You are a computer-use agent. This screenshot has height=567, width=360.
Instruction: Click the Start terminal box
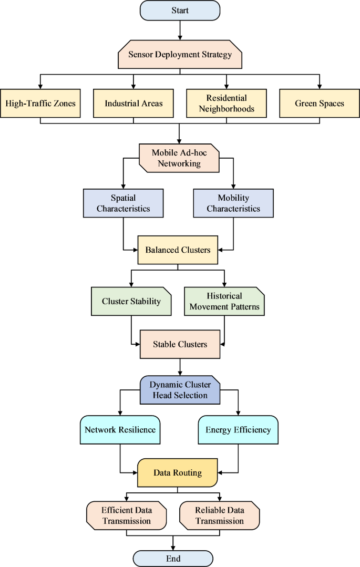180,11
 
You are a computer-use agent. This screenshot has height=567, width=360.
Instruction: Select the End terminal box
173,558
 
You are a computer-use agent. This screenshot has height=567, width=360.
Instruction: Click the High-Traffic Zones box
40,103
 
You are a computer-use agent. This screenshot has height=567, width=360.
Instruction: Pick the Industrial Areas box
133,103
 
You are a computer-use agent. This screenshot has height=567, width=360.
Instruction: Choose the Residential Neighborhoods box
227,103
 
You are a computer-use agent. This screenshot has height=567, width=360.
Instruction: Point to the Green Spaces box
319,103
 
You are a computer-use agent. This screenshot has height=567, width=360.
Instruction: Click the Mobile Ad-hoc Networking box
179,158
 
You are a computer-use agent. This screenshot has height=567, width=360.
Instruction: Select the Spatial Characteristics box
123,203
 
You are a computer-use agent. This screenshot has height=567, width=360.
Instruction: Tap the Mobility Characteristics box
233,203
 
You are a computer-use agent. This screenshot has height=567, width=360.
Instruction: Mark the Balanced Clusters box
178,250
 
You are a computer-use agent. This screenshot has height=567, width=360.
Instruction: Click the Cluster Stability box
131,302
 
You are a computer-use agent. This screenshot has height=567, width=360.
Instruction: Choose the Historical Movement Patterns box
224,302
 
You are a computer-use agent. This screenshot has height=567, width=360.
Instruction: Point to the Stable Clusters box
180,345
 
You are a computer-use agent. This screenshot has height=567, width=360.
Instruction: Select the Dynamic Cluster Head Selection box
180,390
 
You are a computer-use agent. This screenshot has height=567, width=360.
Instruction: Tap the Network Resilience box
120,430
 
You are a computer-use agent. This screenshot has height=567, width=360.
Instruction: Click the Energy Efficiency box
238,430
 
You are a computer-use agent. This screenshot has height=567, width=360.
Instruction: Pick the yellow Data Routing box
177,473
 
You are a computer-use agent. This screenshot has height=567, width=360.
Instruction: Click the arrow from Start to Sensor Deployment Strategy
180,30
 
